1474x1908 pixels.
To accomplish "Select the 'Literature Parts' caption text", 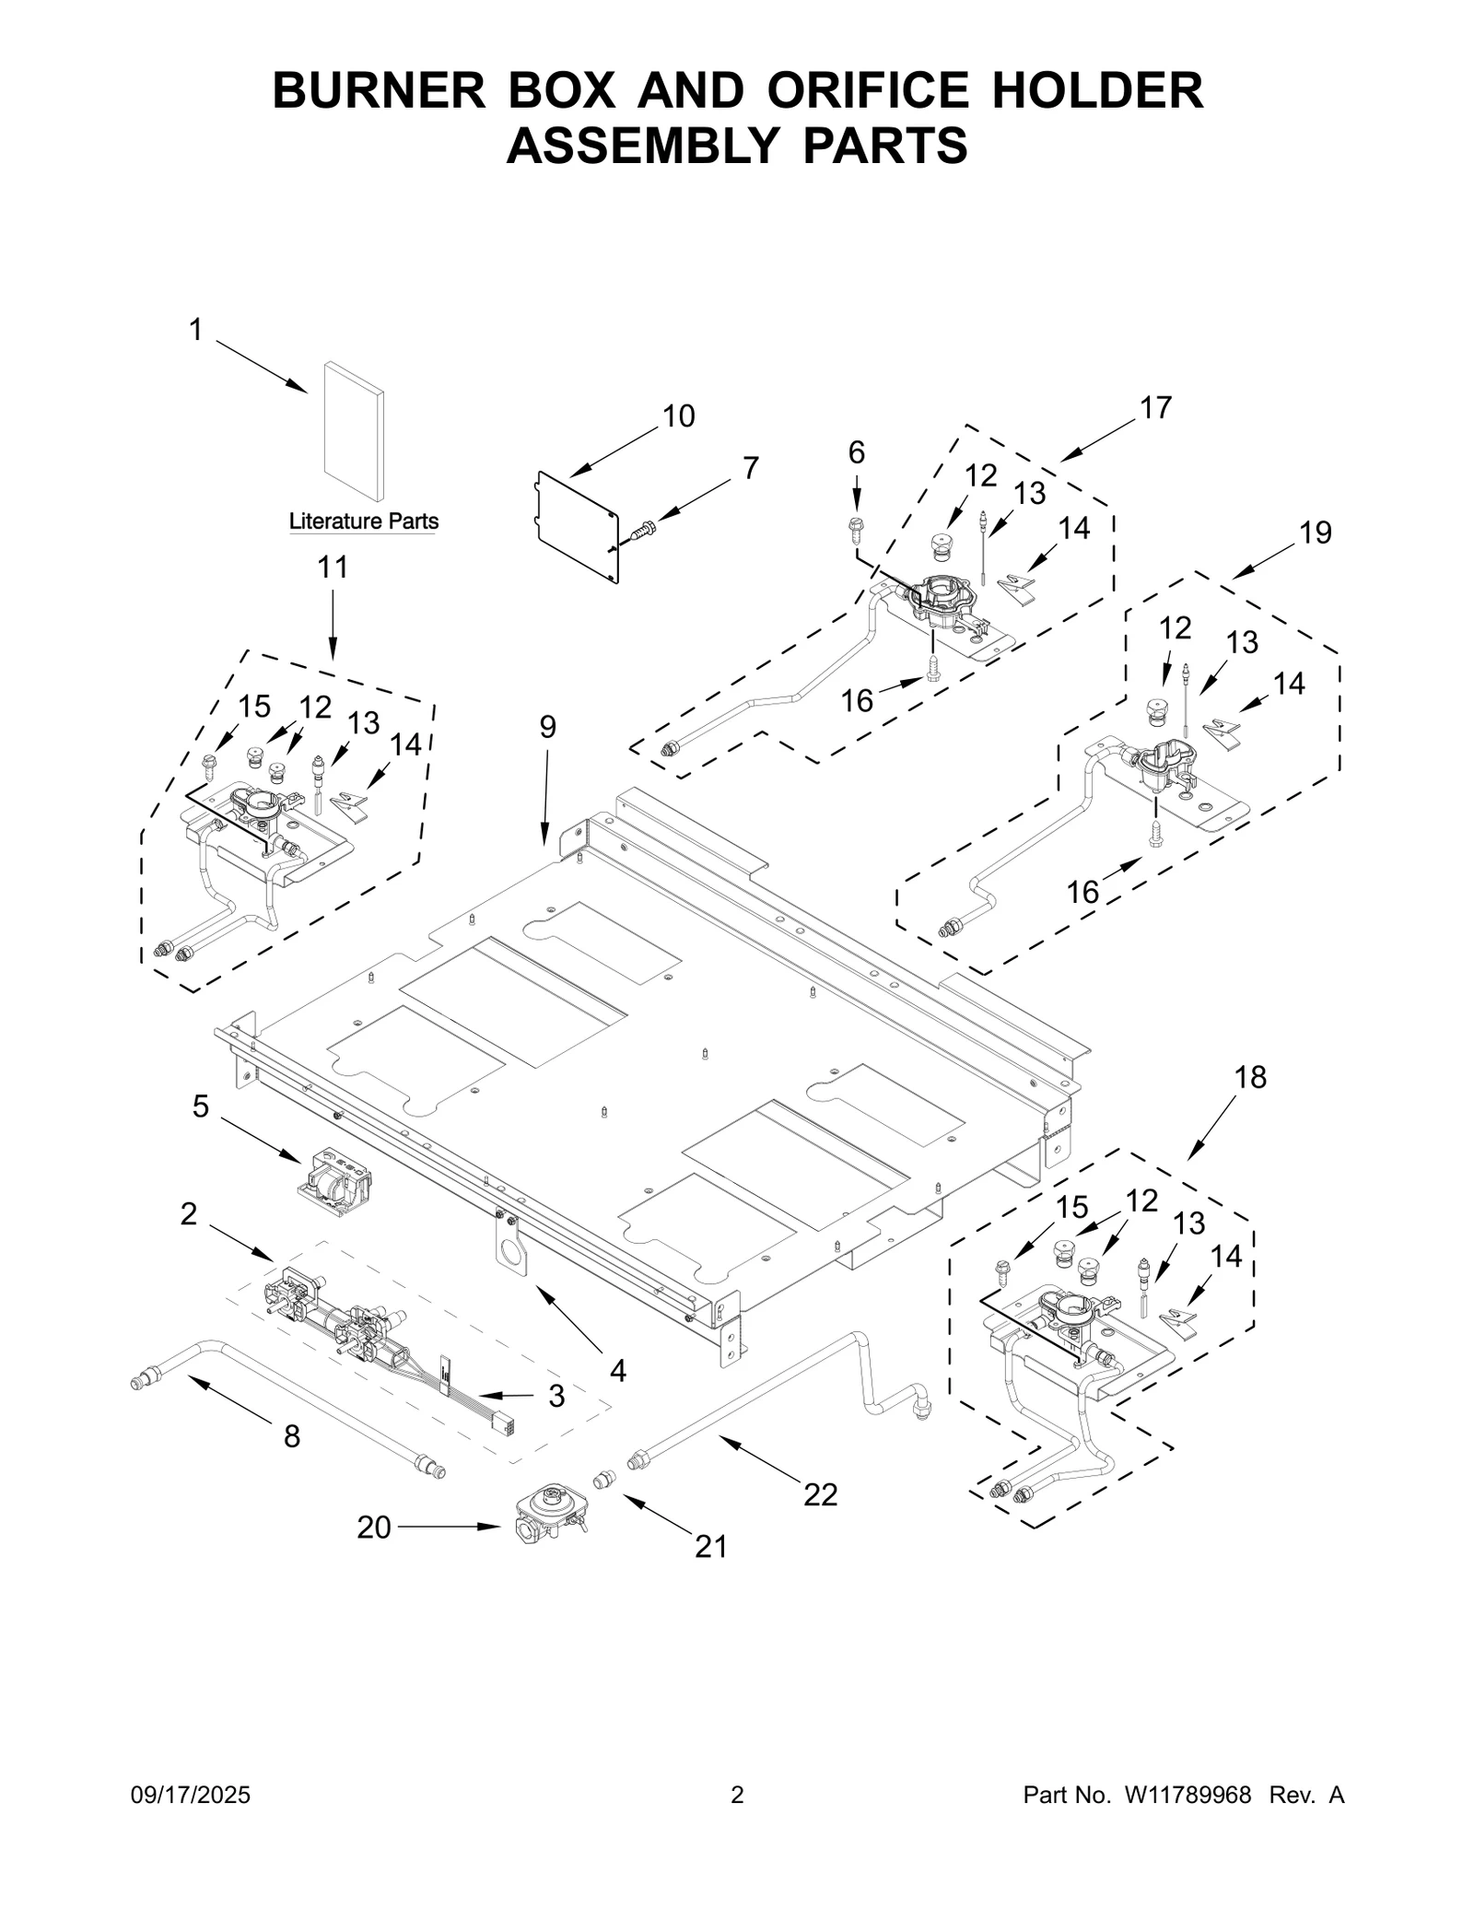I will [363, 521].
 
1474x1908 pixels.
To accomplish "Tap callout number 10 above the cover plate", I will [678, 417].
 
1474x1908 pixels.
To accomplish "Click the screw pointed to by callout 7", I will [643, 531].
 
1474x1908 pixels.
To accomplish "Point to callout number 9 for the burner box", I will [547, 728].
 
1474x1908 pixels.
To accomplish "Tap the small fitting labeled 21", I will [605, 1480].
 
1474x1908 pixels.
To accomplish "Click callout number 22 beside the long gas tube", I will [819, 1494].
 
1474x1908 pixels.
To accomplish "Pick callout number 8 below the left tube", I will [291, 1436].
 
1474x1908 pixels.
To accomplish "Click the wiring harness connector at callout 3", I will [505, 1424].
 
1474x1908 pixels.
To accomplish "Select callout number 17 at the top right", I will [1155, 407].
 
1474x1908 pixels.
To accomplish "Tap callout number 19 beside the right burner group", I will [1316, 533].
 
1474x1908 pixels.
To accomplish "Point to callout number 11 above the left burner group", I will [333, 568].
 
